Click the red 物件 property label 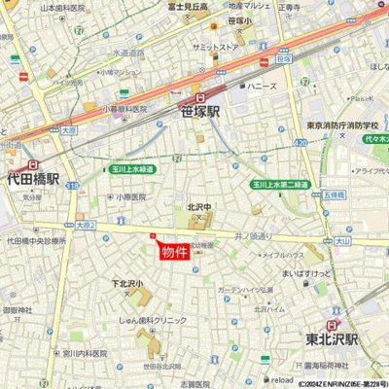pos(176,251)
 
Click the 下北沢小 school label pos(126,283)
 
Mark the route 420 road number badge pos(302,143)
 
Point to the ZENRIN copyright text pos(335,383)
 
